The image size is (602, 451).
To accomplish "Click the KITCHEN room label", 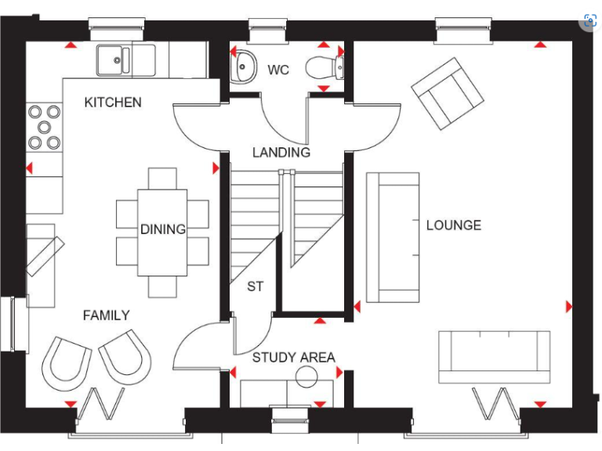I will click(x=113, y=103).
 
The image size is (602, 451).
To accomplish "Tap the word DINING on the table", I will click(x=163, y=229).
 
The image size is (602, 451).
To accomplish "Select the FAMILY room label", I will click(x=107, y=315).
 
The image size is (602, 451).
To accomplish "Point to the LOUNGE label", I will click(x=453, y=225).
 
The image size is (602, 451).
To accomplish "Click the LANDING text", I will click(x=281, y=153).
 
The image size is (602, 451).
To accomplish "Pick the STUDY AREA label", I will click(x=293, y=358).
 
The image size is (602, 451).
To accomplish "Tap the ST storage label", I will click(x=256, y=287).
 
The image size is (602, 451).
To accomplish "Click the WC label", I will click(x=277, y=70).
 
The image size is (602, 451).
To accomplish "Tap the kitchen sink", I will click(x=114, y=60).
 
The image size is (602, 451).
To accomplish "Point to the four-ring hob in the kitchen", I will click(x=45, y=127).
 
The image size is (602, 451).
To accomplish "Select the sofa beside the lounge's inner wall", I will click(x=393, y=237).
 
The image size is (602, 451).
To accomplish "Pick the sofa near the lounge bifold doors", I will click(x=494, y=356).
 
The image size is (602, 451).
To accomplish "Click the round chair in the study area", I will click(x=306, y=377).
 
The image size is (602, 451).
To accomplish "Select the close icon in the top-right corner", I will click(x=589, y=21).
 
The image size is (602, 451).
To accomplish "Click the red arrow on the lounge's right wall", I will click(x=568, y=306).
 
